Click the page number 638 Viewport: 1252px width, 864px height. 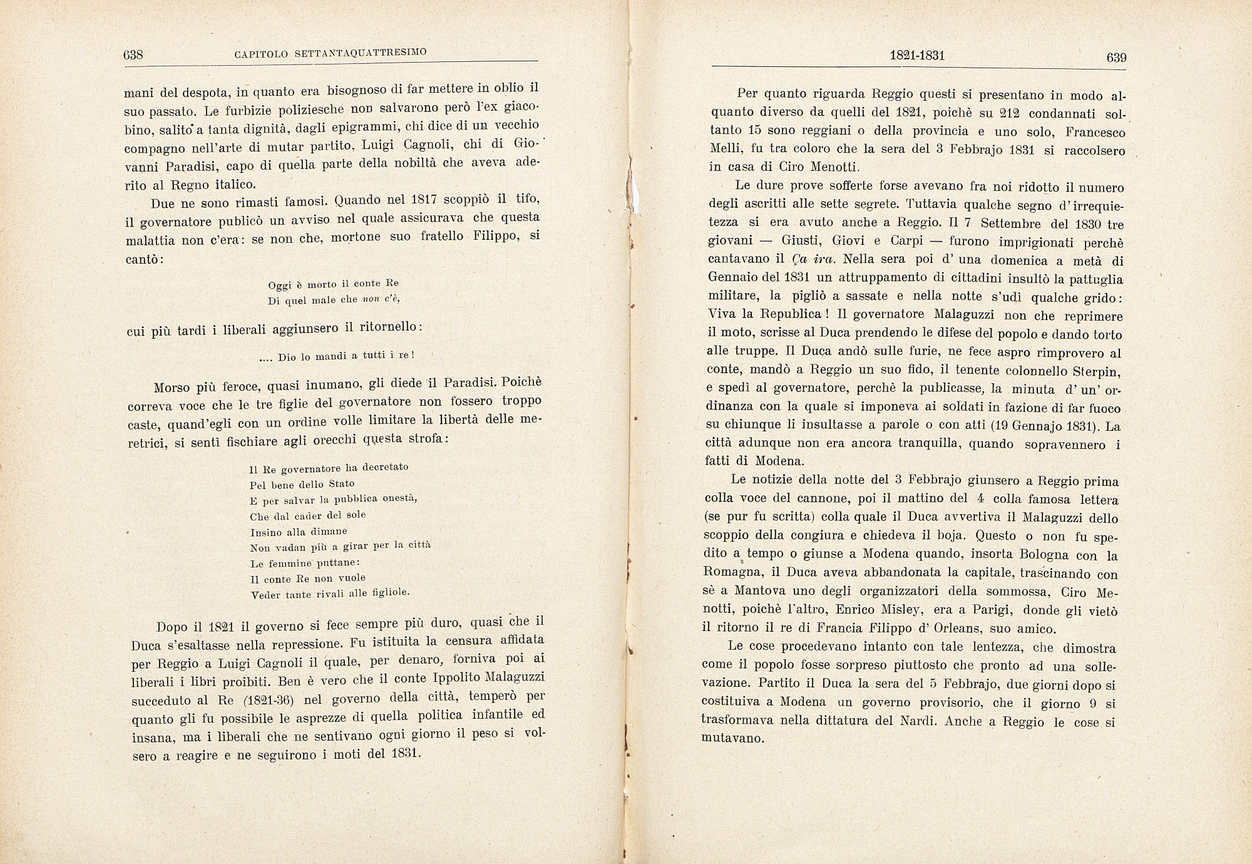pos(133,54)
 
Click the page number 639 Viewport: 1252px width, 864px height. pos(1116,58)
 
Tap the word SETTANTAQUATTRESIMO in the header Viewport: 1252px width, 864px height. pos(361,54)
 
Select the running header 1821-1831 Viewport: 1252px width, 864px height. pos(917,55)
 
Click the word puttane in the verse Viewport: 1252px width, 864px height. pos(336,563)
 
